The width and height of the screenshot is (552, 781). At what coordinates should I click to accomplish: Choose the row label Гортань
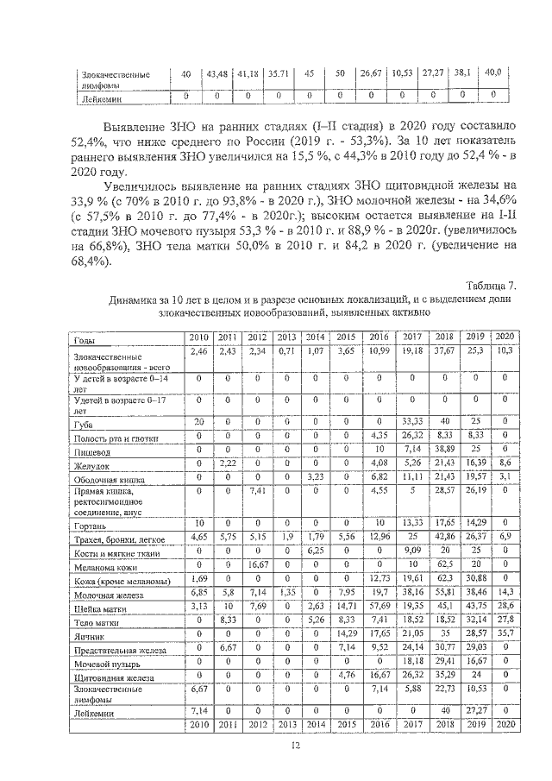click(92, 525)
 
